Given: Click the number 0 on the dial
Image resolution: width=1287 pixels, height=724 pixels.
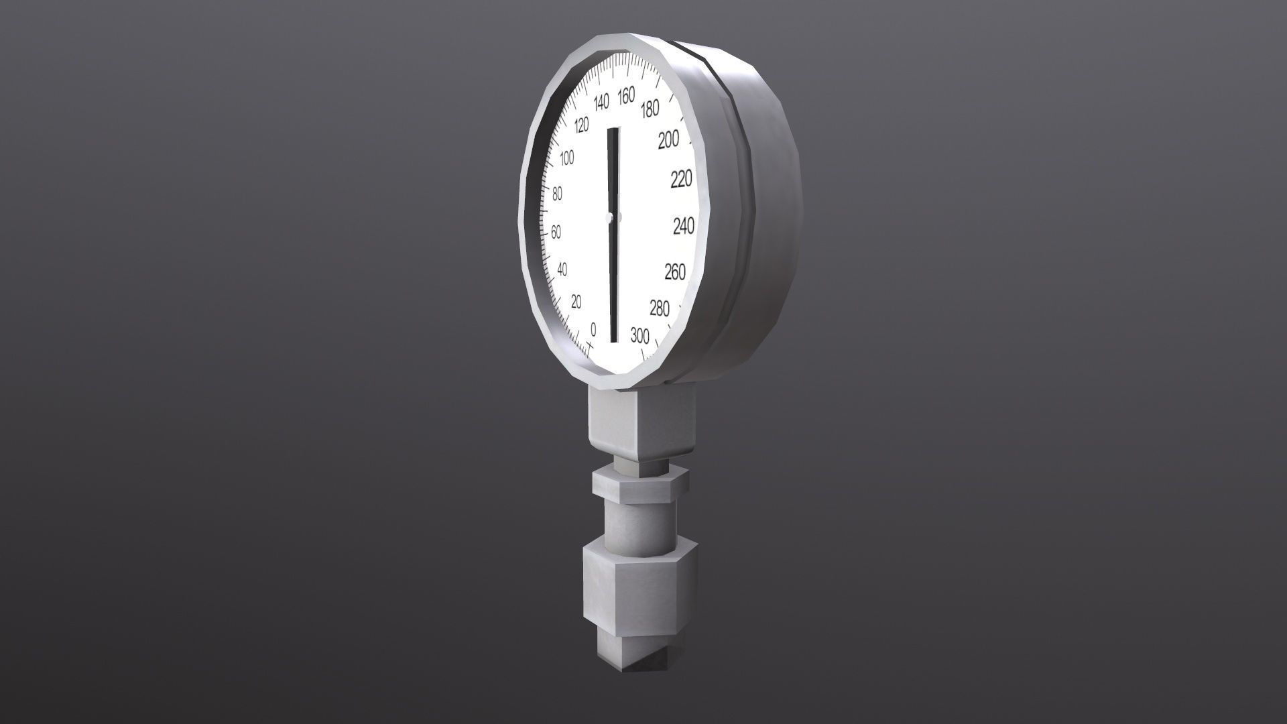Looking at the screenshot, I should point(593,330).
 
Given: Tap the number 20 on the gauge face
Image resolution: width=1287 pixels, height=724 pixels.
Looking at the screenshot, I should point(576,302).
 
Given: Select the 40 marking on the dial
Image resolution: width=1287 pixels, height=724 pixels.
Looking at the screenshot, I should point(562,269).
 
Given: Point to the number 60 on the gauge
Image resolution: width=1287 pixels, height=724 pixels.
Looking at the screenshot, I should point(556,233).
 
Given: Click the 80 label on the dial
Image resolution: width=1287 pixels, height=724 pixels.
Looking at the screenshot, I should point(557,194).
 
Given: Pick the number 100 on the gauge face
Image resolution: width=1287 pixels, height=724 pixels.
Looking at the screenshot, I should point(567,158).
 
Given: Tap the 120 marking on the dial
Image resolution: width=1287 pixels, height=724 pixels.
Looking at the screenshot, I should point(581,125).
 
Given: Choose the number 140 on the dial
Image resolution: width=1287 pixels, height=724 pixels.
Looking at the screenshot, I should point(601,103).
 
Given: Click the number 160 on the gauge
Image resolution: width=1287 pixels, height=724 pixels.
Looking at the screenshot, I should point(625,97).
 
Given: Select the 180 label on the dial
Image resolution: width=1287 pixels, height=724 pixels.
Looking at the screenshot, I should point(650,109).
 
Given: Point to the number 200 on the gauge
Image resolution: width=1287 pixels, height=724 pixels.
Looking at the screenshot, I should point(668,140).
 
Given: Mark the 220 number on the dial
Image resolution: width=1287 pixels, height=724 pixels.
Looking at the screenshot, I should point(681,180).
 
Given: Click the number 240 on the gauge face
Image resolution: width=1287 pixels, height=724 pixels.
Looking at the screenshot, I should point(683,227).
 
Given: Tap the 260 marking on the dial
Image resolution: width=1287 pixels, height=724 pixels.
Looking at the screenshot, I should point(675,271).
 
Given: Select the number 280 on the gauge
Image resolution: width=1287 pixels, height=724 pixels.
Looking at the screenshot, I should point(660,308).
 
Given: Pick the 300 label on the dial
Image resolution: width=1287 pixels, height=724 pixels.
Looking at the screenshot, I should point(640,335).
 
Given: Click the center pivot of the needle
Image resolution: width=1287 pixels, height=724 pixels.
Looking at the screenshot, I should point(609,217).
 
